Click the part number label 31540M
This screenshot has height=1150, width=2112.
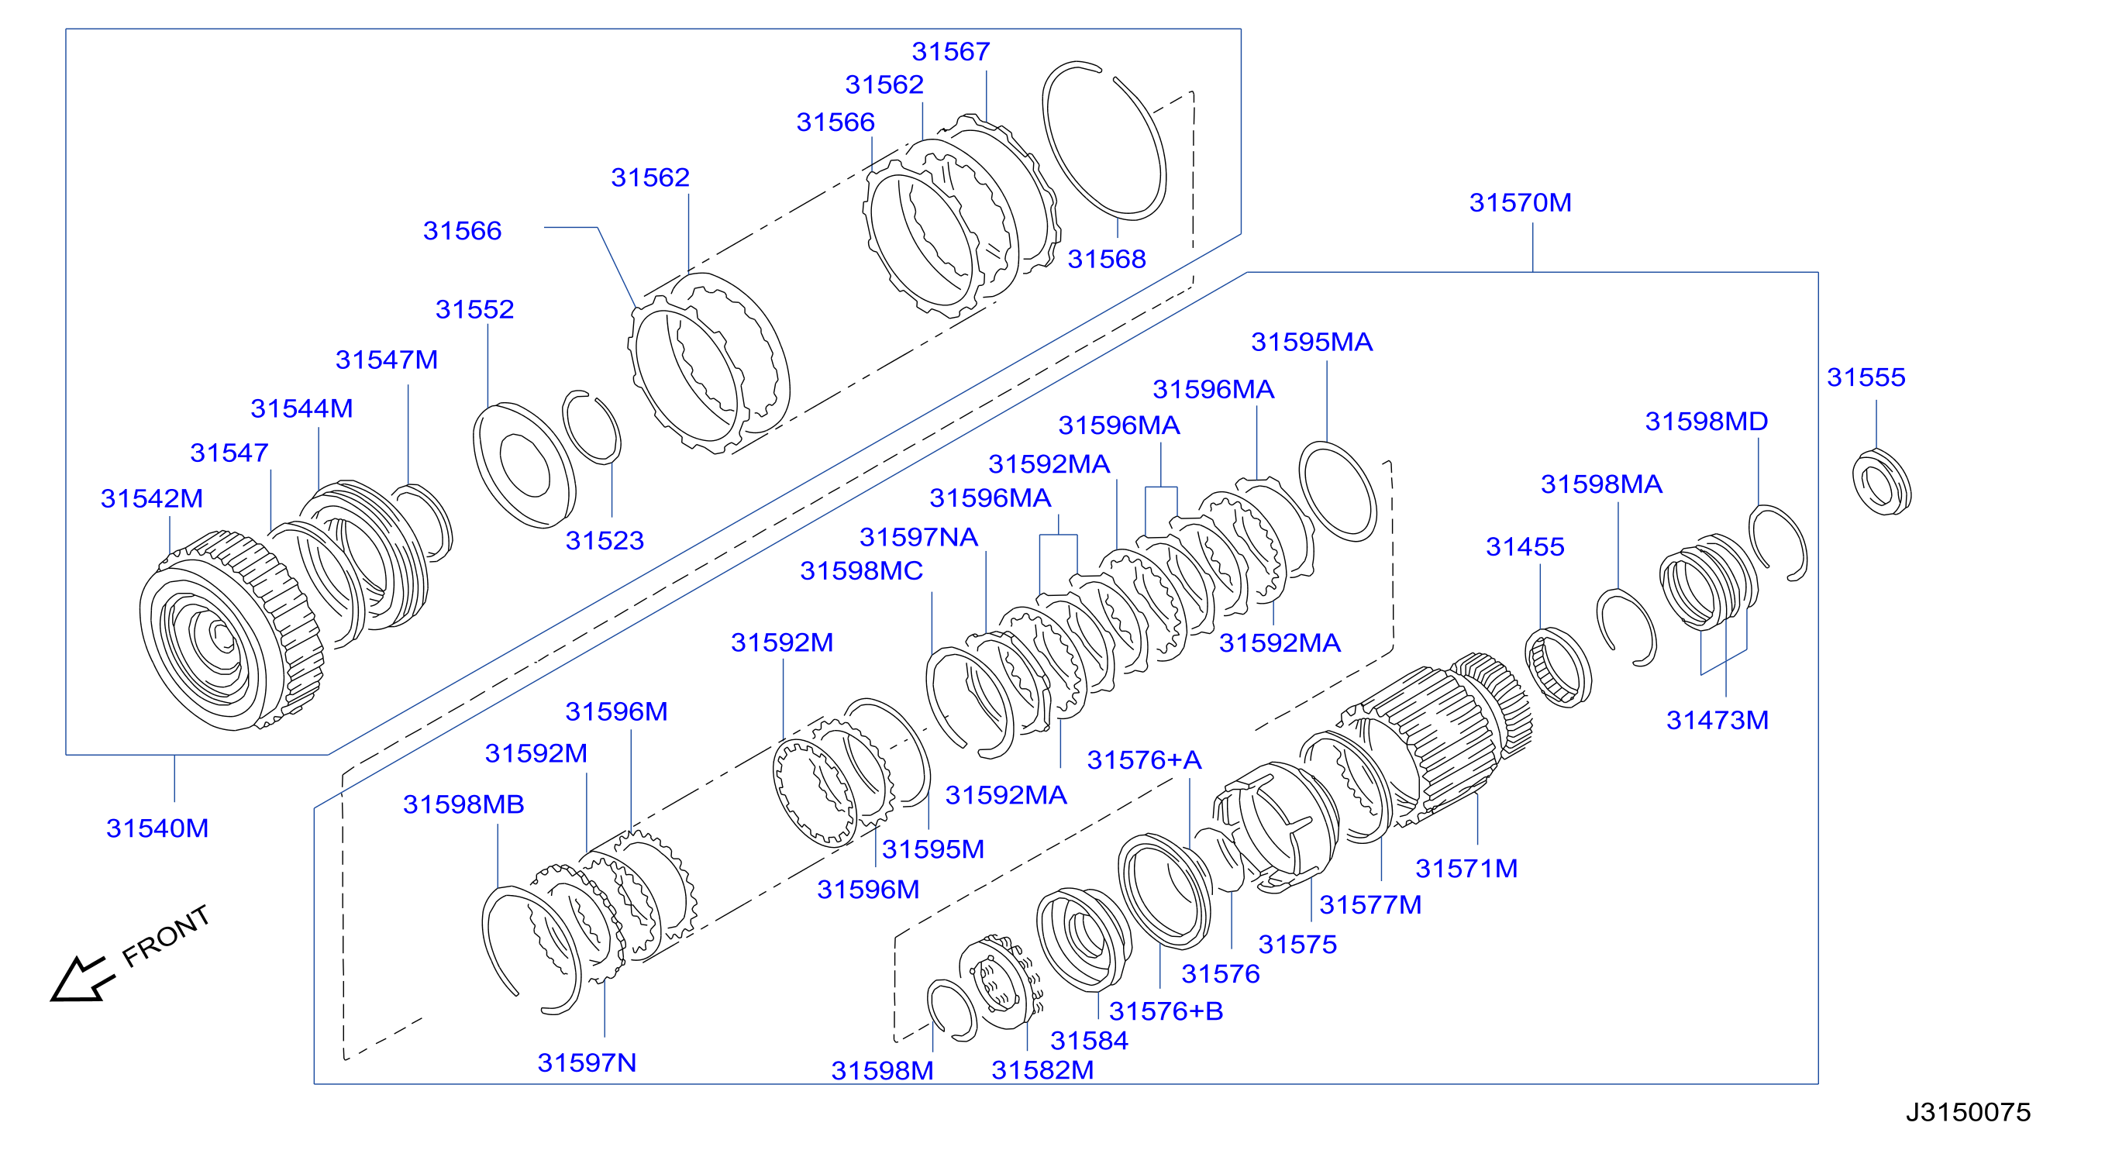[x=157, y=828]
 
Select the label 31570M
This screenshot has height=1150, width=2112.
[x=1520, y=202]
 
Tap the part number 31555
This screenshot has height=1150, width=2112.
[x=1866, y=377]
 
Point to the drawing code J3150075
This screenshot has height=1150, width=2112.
[x=1968, y=1111]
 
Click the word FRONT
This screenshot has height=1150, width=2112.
[x=167, y=936]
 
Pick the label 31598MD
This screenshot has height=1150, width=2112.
[x=1706, y=422]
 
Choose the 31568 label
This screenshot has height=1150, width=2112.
[x=1106, y=259]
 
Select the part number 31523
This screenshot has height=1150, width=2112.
[x=605, y=541]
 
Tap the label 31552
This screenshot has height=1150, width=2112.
[x=474, y=309]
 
